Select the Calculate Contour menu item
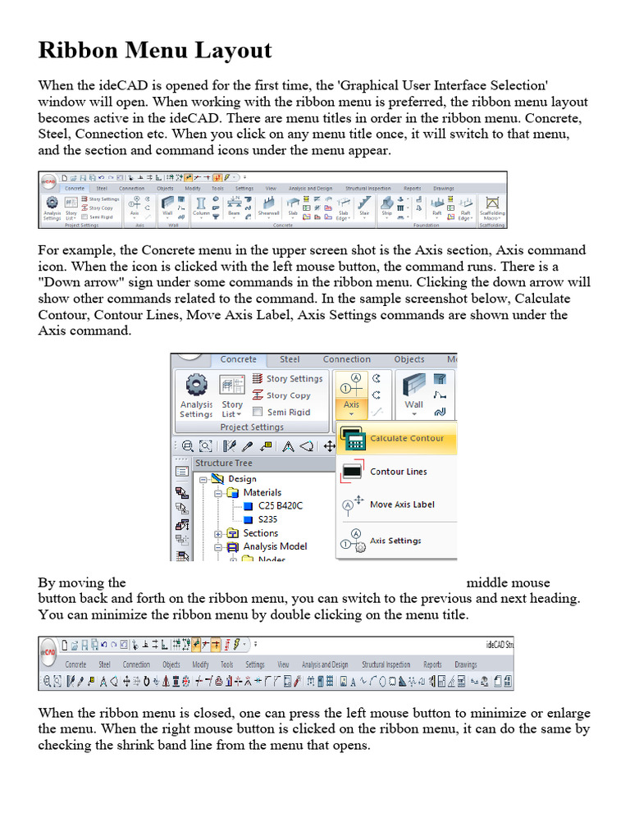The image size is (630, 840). pos(406,439)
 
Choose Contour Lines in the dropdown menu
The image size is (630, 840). pos(398,472)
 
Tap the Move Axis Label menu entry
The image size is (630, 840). pos(401,504)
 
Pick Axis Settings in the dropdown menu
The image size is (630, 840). pos(395,541)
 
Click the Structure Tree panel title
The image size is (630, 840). pos(223,463)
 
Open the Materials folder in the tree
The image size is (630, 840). pos(262,492)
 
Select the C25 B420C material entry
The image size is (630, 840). pos(280,506)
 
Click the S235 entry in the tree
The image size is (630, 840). pos(267,519)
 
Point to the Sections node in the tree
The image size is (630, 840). pos(260,533)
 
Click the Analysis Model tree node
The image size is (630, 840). pos(275,546)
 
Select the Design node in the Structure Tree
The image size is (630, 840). pos(242,479)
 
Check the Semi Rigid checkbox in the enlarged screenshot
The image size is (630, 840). pos(258,413)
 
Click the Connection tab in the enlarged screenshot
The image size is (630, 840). pos(346,359)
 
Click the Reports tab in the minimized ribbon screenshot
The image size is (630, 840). pos(432,664)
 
